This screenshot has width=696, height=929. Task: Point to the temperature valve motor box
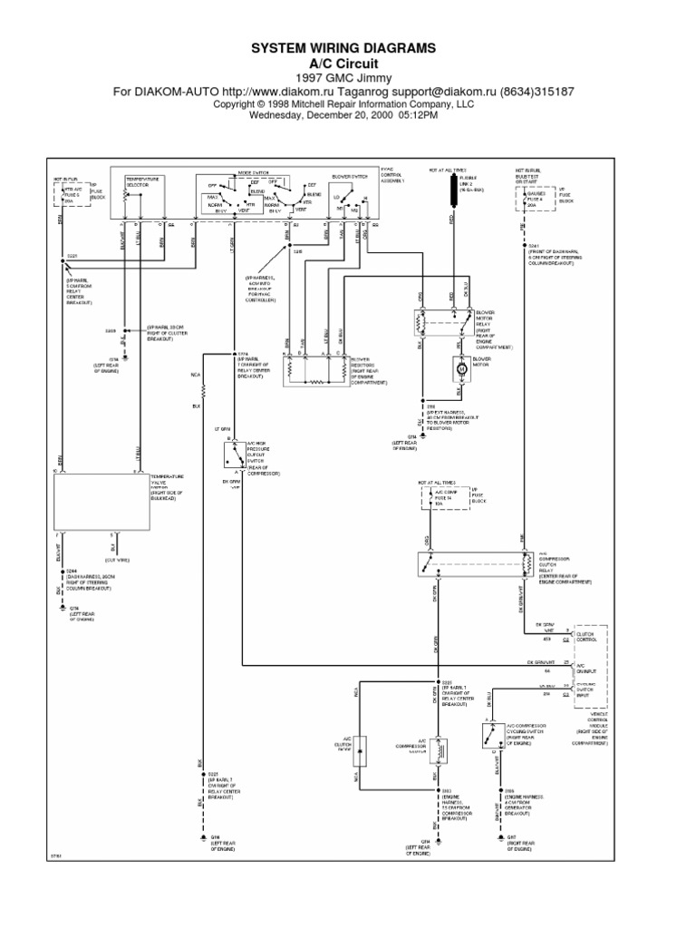[101, 504]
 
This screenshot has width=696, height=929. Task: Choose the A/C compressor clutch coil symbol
[440, 748]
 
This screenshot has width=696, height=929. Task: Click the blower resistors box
[317, 368]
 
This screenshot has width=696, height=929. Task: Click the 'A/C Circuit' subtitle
[349, 64]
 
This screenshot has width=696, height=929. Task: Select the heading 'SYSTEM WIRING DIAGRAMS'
[349, 47]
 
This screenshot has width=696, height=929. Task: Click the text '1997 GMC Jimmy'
[349, 79]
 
